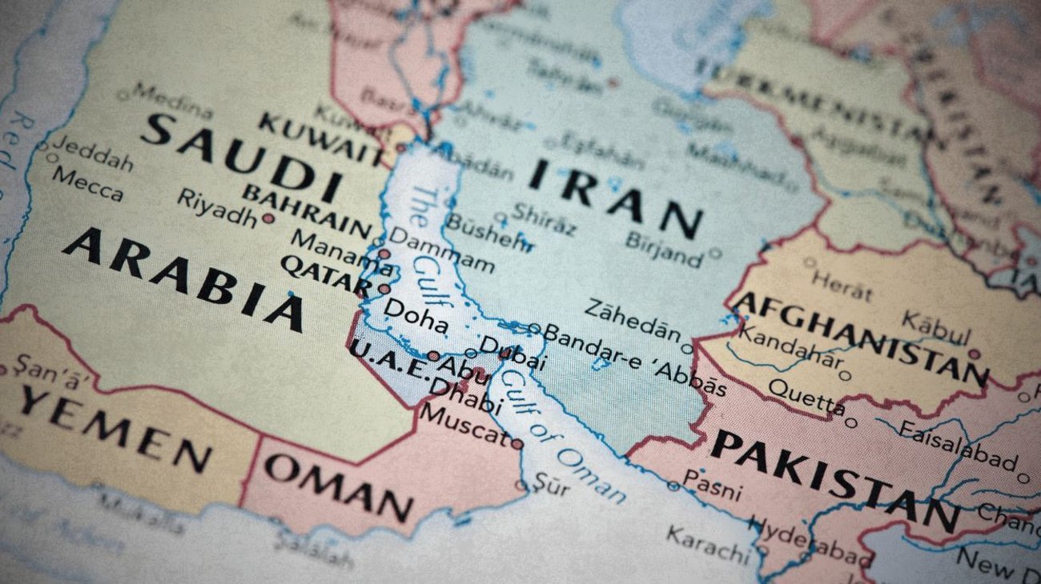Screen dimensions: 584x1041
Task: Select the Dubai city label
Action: pos(512,353)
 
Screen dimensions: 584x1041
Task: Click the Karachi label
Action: pos(706,543)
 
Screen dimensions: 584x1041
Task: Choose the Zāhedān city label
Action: pos(633,320)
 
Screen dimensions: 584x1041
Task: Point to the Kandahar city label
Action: pos(789,350)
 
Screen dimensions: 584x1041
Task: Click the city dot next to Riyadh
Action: pos(268,218)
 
